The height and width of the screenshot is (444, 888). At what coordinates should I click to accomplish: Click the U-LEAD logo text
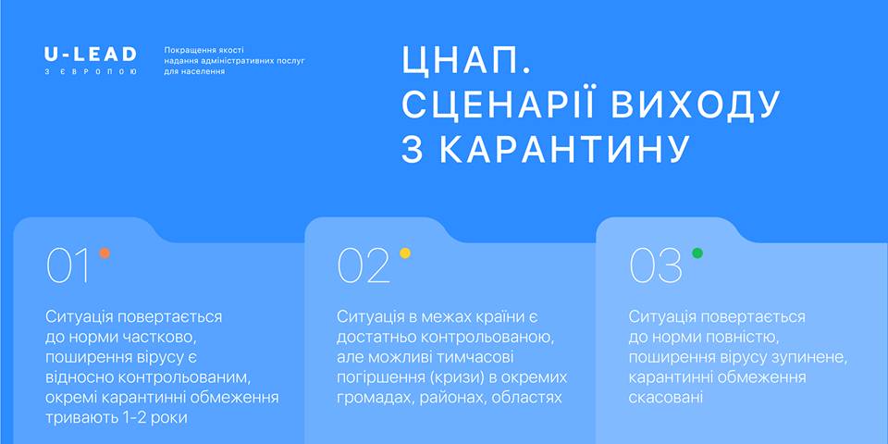(x=91, y=55)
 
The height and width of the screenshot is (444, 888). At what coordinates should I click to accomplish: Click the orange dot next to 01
(x=105, y=253)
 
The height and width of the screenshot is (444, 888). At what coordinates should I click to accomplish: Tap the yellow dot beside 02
(x=405, y=253)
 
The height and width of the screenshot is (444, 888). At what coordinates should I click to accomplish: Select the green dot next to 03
(x=697, y=253)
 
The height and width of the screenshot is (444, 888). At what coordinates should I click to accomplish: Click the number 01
(x=68, y=265)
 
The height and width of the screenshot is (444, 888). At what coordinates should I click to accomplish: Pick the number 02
(x=364, y=265)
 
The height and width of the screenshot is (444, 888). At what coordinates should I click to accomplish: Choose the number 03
(x=656, y=265)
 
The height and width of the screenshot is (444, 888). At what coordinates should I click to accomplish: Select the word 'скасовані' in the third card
(x=666, y=398)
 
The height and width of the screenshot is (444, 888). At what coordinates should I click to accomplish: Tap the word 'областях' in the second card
(x=526, y=398)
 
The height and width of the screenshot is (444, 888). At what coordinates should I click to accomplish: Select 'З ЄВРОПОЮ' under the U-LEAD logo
(x=91, y=72)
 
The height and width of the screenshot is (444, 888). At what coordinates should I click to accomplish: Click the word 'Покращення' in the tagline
(x=186, y=50)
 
